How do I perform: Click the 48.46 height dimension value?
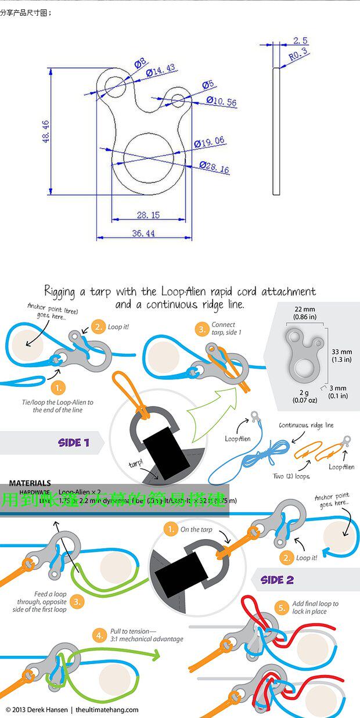[x=46, y=131]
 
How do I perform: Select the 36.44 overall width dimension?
[x=144, y=233]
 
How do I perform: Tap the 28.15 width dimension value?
[x=148, y=215]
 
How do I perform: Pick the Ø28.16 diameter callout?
[x=214, y=168]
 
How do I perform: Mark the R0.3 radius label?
[x=298, y=55]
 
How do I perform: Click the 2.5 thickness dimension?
[x=300, y=41]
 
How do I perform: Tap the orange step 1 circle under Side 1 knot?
[x=58, y=387]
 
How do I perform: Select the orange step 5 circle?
[x=282, y=608]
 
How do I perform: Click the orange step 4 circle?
[x=100, y=634]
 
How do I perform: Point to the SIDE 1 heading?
[x=74, y=443]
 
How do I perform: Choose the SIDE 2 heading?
[x=277, y=580]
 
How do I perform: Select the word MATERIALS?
[x=30, y=483]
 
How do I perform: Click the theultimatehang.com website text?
[x=107, y=709]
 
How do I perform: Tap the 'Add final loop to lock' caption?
[x=315, y=608]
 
